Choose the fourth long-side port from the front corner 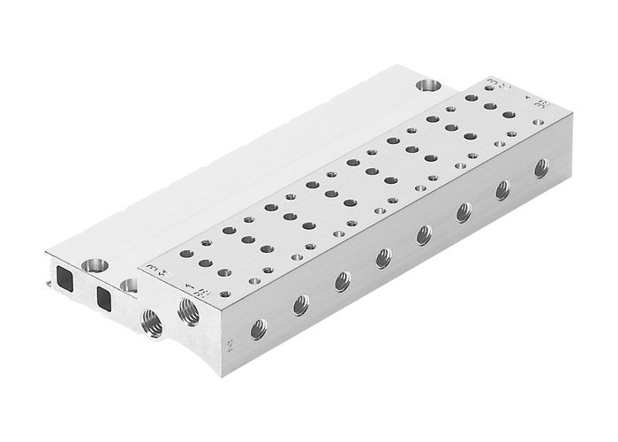pos(384,257)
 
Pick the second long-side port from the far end pos(504,188)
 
